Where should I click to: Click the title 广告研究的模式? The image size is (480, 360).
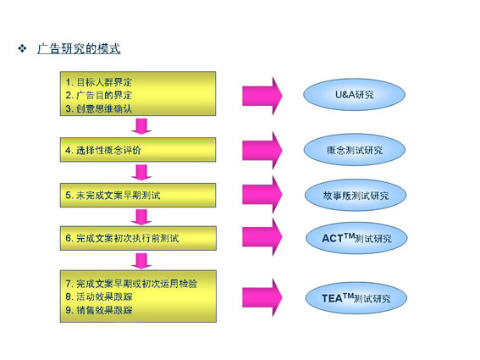click(79, 49)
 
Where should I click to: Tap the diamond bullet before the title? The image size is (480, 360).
click(22, 48)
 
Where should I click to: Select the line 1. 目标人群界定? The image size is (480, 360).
click(98, 82)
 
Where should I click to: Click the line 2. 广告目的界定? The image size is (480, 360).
click(98, 95)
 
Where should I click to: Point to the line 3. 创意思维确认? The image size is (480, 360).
click(98, 108)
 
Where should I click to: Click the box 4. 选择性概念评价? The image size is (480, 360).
click(138, 150)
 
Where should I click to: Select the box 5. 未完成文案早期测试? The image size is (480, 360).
click(138, 195)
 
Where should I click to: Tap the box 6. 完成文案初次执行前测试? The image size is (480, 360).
click(138, 238)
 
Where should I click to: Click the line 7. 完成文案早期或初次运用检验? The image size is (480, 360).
click(131, 284)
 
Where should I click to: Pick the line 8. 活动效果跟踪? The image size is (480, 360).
click(98, 296)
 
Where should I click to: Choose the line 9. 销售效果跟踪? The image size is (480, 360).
click(98, 310)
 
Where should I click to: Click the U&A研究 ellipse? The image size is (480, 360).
click(354, 95)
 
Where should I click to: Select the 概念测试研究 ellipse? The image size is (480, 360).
click(355, 150)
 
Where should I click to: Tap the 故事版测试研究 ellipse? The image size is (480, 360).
click(356, 195)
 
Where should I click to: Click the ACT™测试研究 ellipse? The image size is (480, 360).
click(356, 238)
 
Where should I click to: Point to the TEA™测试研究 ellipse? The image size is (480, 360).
click(356, 298)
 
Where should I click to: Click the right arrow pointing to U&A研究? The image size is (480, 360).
click(262, 96)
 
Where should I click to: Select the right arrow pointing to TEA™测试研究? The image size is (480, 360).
click(262, 297)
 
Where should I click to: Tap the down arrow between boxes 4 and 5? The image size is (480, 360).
click(141, 173)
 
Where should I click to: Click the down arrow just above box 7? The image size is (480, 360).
click(141, 261)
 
